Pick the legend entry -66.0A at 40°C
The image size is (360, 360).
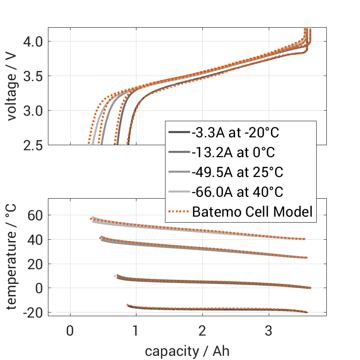[237, 192]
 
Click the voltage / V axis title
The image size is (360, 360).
[12, 86]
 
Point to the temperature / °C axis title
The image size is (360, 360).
[12, 257]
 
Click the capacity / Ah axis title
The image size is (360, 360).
[187, 351]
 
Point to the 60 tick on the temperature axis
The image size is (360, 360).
[35, 215]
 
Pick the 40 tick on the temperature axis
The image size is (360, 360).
[35, 240]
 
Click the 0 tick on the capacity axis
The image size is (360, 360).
[70, 331]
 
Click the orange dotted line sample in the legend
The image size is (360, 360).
[178, 212]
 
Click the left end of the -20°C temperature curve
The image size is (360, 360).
[128, 305]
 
